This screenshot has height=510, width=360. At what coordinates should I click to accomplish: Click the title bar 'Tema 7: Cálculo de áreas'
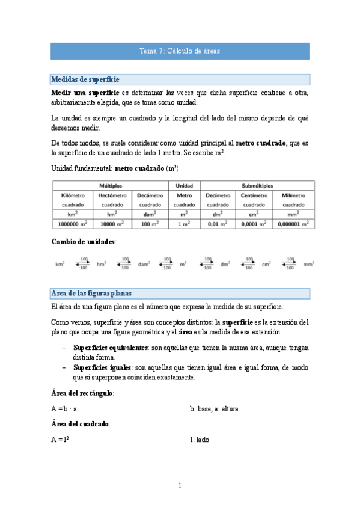click(x=180, y=52)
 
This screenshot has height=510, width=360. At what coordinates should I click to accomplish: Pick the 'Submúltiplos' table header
click(x=257, y=186)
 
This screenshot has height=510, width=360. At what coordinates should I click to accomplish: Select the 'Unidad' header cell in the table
click(x=184, y=186)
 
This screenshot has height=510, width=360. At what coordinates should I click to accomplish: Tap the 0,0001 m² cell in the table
click(x=257, y=224)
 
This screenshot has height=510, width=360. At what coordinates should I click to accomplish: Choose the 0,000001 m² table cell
click(x=293, y=224)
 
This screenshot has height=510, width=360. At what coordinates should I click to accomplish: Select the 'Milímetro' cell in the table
click(x=293, y=195)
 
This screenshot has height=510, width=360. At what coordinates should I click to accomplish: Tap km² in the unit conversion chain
click(x=60, y=263)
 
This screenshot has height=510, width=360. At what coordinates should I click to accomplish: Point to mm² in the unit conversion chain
click(x=309, y=263)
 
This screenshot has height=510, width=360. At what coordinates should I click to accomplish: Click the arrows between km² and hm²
click(x=81, y=263)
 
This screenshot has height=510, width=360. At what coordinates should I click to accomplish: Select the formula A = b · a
click(x=64, y=408)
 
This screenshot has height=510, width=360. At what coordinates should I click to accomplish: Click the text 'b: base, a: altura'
click(x=214, y=408)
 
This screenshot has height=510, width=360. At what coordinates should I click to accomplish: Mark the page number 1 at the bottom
click(x=180, y=486)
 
